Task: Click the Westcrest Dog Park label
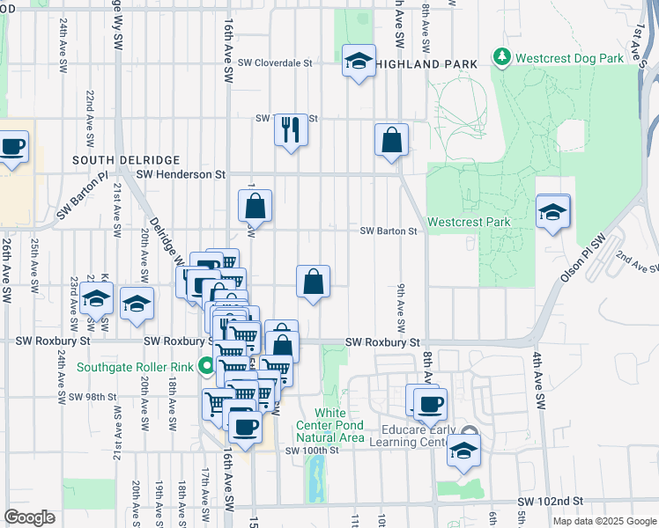pos(570,57)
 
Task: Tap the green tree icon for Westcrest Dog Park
pos(502,57)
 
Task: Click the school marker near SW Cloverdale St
pos(359,62)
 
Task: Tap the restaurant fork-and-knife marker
pos(291,130)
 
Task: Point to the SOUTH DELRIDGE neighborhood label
pos(126,160)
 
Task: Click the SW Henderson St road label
pos(181,174)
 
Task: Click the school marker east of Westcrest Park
pos(552,212)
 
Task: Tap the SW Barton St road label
pos(388,231)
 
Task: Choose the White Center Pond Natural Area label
pos(340,425)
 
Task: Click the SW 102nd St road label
pos(553,501)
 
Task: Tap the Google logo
pos(30,517)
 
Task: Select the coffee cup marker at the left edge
pos(12,148)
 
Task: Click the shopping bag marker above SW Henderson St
pos(391,141)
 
